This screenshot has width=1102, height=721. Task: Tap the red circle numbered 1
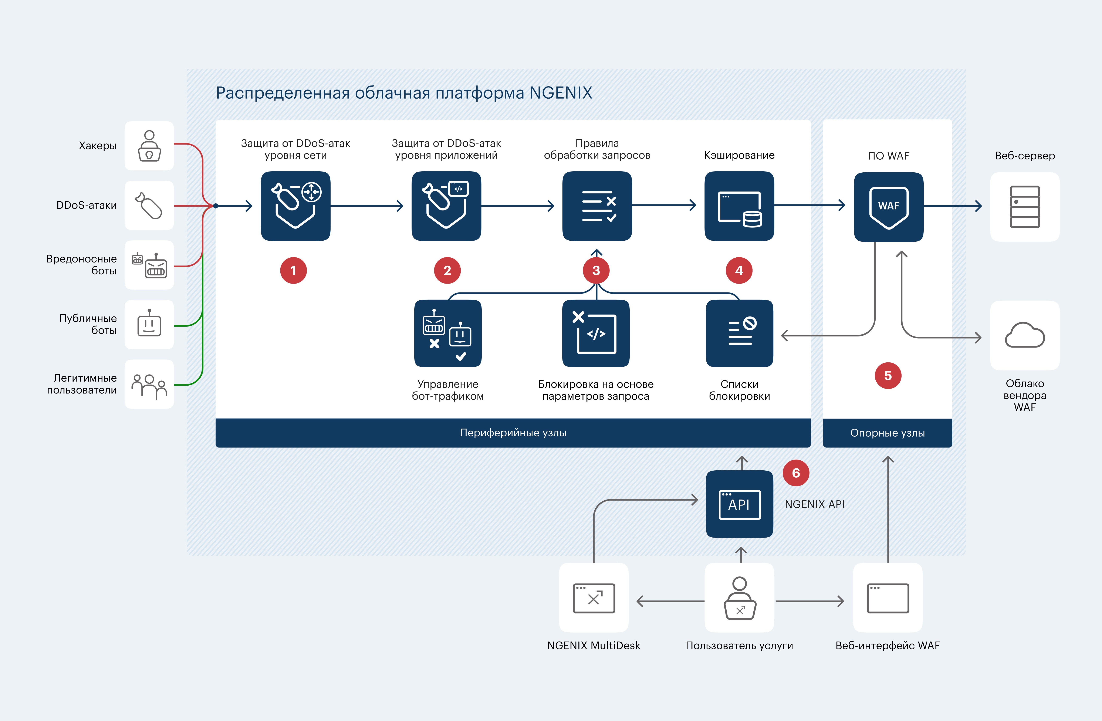pyautogui.click(x=293, y=270)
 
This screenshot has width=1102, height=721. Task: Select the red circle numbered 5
pyautogui.click(x=888, y=376)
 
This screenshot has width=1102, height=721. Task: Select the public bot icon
pyautogui.click(x=149, y=324)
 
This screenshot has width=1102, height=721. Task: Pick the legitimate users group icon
pyautogui.click(x=149, y=384)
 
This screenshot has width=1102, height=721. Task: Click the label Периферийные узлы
pyautogui.click(x=513, y=433)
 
